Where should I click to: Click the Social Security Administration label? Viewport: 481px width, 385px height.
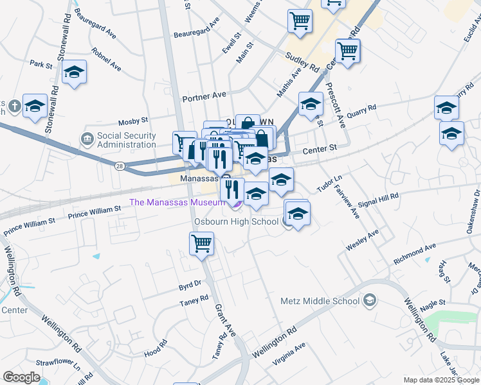click(x=126, y=141)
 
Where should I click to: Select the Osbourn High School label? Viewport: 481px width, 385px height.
click(x=237, y=221)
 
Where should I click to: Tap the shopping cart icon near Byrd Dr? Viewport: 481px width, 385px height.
click(x=201, y=244)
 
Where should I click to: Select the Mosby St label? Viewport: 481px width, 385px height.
click(x=133, y=120)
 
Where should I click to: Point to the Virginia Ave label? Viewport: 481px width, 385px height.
click(x=289, y=354)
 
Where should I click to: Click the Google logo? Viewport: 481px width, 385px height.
click(x=21, y=377)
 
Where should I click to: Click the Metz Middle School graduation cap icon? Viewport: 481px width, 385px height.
click(x=369, y=300)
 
